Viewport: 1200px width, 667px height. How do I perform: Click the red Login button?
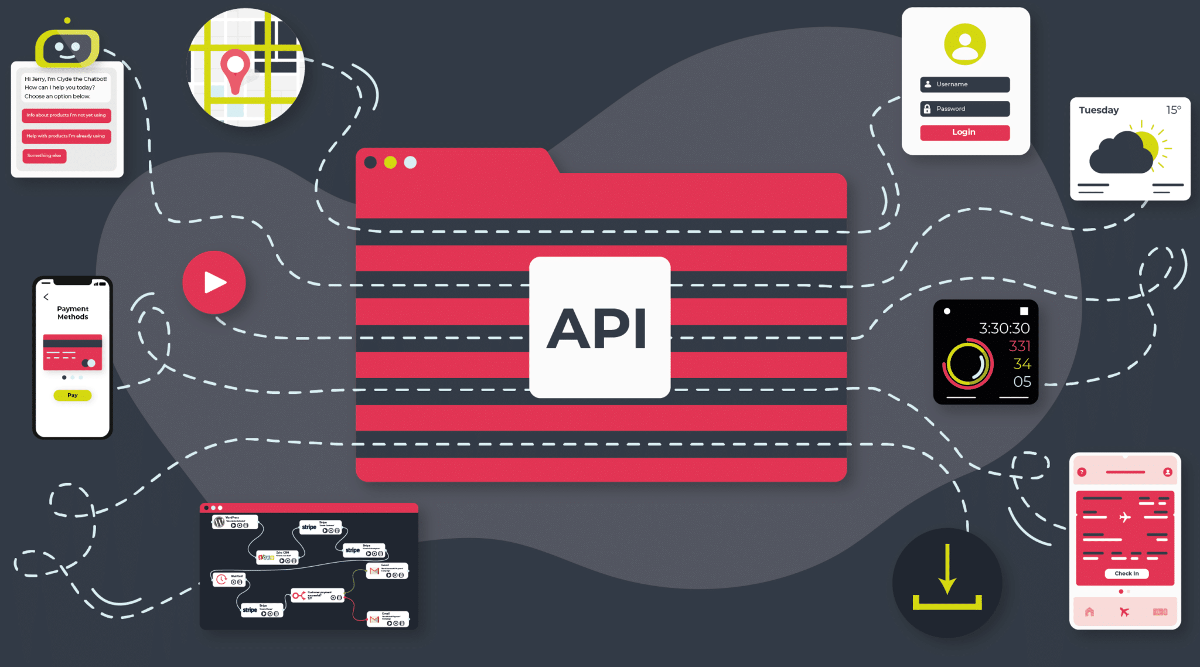coord(964,132)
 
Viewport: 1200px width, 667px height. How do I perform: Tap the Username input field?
coord(964,84)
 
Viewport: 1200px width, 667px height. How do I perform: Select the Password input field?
coord(964,109)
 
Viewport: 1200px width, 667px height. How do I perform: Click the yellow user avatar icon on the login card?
coord(964,45)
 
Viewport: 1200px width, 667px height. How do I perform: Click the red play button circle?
coord(214,283)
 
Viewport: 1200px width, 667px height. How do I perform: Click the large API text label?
coord(597,328)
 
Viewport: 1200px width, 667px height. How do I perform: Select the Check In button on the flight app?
coord(1126,574)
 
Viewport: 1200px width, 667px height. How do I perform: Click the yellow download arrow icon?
coord(947,577)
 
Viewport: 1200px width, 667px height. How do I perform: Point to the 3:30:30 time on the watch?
coord(1004,328)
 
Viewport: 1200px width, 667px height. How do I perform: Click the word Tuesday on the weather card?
coord(1099,110)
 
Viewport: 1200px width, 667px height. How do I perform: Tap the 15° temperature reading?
coord(1173,110)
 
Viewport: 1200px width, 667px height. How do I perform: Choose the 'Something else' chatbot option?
coord(45,156)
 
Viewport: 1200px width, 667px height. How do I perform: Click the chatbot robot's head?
coord(67,47)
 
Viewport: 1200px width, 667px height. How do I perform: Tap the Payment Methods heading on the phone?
coord(73,313)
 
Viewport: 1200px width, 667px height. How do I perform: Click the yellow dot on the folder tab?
coord(390,162)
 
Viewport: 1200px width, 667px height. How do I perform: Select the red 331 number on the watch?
coord(1019,346)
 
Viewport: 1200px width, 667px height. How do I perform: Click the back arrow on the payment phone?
coord(46,297)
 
